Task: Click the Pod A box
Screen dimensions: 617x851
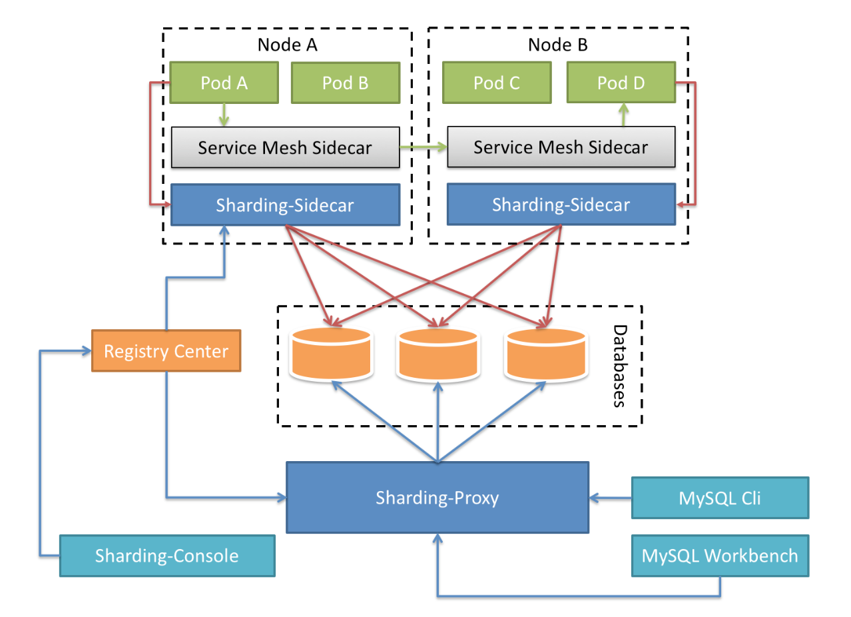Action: click(224, 83)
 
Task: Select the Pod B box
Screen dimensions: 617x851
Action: click(345, 83)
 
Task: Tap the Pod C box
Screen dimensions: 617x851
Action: click(497, 83)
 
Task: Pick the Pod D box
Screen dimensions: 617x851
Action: click(621, 83)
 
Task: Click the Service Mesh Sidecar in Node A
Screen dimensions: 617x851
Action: click(285, 147)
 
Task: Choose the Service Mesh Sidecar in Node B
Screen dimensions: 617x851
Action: click(561, 147)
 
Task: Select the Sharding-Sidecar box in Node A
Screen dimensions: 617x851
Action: click(285, 205)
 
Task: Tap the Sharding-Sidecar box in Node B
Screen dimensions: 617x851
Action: click(561, 205)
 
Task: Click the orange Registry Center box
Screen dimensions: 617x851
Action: click(166, 350)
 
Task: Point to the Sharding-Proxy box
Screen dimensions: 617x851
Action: click(437, 497)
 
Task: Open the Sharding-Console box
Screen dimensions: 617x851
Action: click(166, 555)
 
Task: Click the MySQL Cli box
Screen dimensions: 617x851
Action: click(720, 497)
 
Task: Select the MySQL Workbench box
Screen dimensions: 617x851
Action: click(720, 555)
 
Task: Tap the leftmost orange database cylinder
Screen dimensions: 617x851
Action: click(330, 353)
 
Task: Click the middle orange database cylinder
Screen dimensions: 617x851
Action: click(437, 353)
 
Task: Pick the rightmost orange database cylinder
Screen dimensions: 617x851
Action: click(546, 353)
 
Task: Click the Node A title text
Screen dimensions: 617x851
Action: click(287, 45)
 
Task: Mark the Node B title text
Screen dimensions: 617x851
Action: click(557, 45)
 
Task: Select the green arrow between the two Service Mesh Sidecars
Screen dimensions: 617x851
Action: click(423, 147)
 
